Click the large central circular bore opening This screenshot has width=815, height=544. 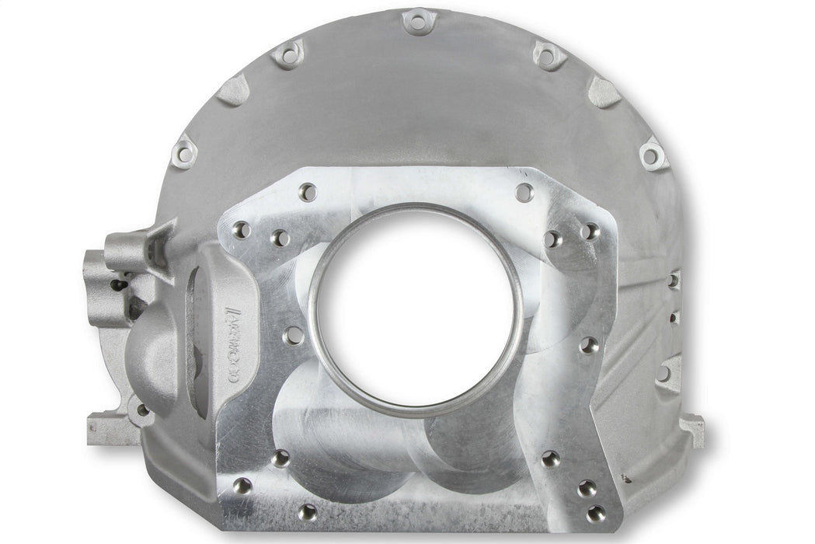tap(416, 309)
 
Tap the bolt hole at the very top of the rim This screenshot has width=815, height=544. tap(419, 23)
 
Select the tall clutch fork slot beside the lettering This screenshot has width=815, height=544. tap(197, 342)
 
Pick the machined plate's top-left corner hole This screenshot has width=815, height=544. tap(308, 191)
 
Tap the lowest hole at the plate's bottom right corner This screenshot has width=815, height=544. tap(596, 513)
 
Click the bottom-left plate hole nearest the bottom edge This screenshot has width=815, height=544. tap(308, 512)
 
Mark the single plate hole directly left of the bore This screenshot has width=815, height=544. tap(294, 336)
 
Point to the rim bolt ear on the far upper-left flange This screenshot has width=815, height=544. tap(184, 153)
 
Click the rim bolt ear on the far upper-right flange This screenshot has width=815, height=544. tap(653, 155)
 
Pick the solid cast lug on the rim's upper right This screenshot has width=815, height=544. tap(604, 92)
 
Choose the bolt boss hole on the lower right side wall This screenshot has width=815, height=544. tap(665, 373)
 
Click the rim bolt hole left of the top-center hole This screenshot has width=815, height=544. tap(289, 55)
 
